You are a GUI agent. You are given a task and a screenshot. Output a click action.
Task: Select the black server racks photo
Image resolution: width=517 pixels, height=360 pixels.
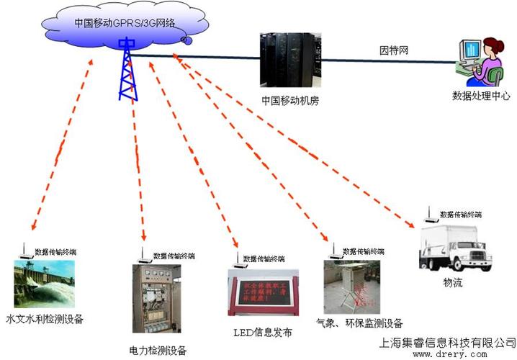click(x=289, y=58)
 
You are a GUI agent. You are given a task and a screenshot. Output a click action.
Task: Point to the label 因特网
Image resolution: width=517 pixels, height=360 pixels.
click(x=394, y=51)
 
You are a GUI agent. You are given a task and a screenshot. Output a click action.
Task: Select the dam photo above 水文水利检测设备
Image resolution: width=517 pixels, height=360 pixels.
click(x=44, y=284)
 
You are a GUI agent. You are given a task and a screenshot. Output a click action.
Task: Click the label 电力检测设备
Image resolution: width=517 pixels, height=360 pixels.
click(x=158, y=351)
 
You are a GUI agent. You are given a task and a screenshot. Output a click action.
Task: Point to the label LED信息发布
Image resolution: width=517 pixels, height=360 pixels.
click(x=263, y=333)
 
